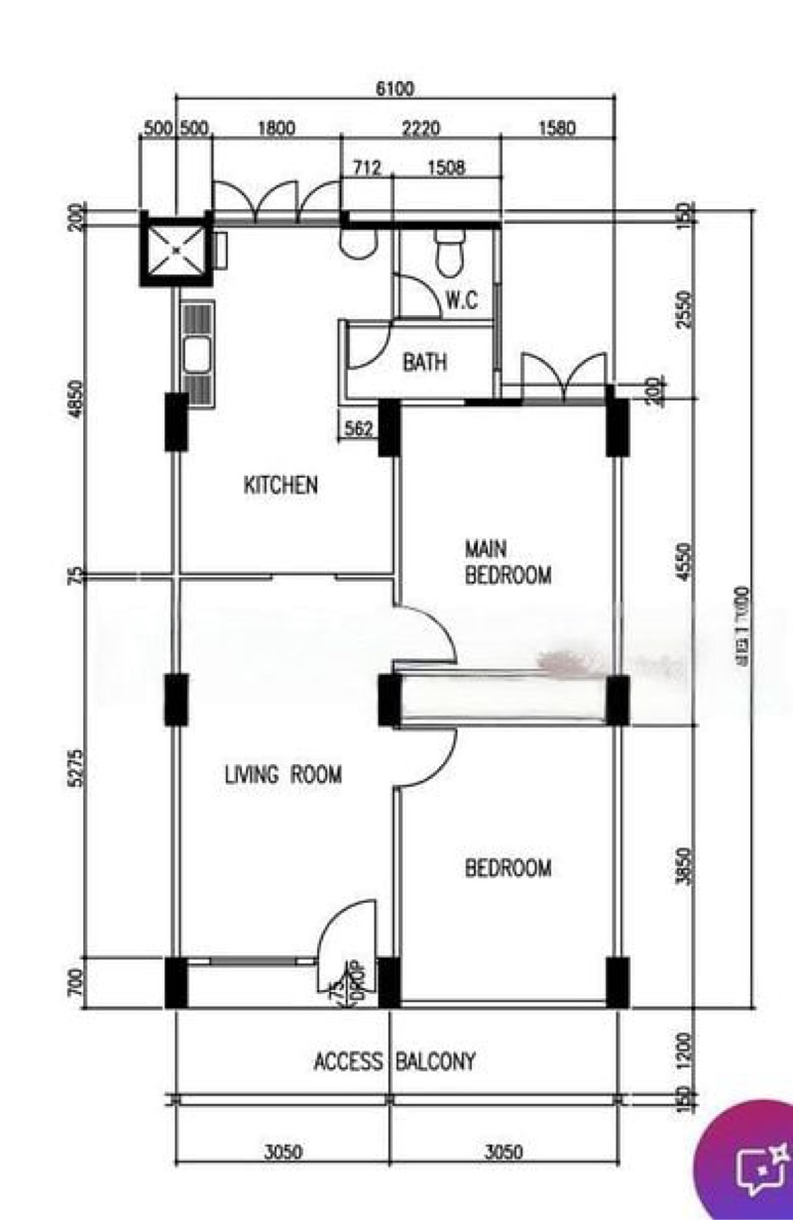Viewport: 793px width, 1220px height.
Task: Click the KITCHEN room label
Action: click(x=281, y=486)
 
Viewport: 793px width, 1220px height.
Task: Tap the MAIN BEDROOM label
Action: click(x=508, y=562)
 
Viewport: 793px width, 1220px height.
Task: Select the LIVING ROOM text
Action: click(x=283, y=775)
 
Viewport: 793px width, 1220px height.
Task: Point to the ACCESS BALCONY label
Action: click(x=395, y=1062)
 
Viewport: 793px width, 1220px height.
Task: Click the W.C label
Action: click(x=462, y=301)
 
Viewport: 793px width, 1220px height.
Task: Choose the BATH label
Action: click(x=424, y=363)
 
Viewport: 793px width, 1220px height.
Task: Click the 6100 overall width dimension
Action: click(x=395, y=88)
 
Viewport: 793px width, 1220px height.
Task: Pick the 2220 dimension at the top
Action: click(x=420, y=129)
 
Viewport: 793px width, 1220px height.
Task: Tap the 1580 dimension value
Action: click(x=556, y=129)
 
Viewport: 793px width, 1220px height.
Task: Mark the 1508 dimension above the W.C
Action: click(x=446, y=167)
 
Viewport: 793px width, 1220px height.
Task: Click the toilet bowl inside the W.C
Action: click(x=448, y=253)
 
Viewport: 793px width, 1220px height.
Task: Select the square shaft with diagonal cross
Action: click(x=175, y=250)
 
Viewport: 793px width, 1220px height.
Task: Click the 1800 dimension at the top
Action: click(x=277, y=129)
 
